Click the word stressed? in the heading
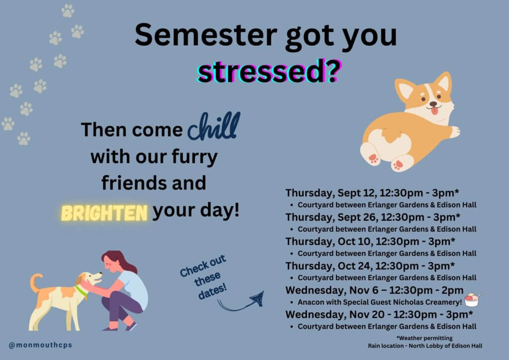pos(269,72)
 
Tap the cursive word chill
pos(214,126)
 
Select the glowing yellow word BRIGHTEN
pos(104,213)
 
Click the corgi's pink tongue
pos(434,111)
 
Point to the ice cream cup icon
pos(472,300)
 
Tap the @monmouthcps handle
pos(40,345)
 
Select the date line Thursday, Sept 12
pos(372,193)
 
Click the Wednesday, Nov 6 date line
pos(374,290)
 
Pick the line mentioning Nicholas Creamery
pos(379,302)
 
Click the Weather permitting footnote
pos(424,338)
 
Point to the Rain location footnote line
pos(425,346)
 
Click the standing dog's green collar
pos(81,291)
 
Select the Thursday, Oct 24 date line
pos(370,266)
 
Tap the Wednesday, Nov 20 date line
pos(379,315)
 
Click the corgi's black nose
pos(433,104)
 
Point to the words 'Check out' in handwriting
pos(203,266)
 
